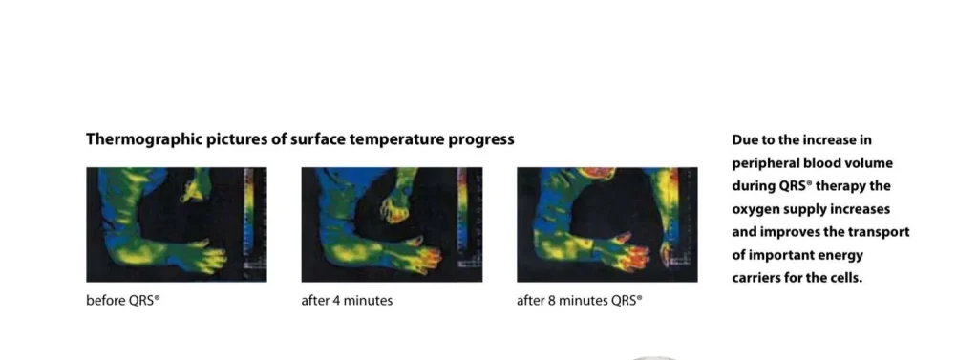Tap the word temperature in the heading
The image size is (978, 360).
[395, 139]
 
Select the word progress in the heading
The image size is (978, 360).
[481, 139]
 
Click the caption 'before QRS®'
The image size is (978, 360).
[123, 300]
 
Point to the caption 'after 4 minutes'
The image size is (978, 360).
[347, 300]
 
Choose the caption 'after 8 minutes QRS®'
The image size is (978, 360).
[580, 300]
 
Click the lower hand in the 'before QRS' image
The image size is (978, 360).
[202, 256]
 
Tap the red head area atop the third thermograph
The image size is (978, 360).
[596, 172]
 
